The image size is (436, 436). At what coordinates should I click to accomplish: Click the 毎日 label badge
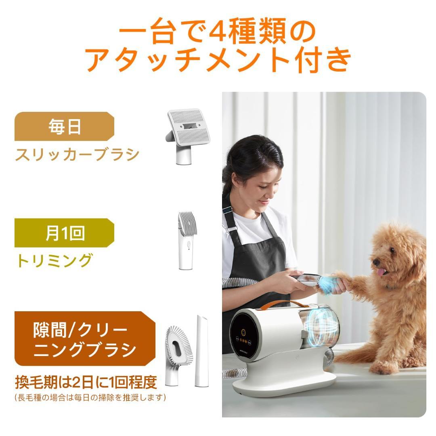point(65,126)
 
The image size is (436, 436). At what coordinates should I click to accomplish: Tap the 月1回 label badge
point(65,233)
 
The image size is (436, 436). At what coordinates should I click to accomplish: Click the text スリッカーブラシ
point(78,154)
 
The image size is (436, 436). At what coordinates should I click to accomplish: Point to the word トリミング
point(54,261)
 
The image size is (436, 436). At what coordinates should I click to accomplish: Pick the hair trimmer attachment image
point(185,241)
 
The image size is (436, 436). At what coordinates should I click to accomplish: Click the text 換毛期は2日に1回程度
point(86,381)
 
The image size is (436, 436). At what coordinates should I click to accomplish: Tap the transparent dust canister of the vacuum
point(319,327)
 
